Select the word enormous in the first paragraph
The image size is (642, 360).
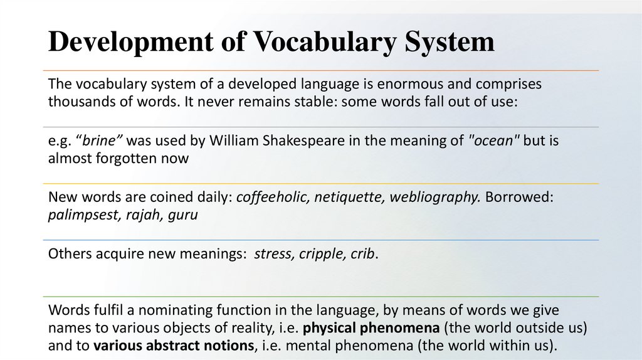point(408,84)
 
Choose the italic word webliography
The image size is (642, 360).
point(434,198)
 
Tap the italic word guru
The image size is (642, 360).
point(184,215)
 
